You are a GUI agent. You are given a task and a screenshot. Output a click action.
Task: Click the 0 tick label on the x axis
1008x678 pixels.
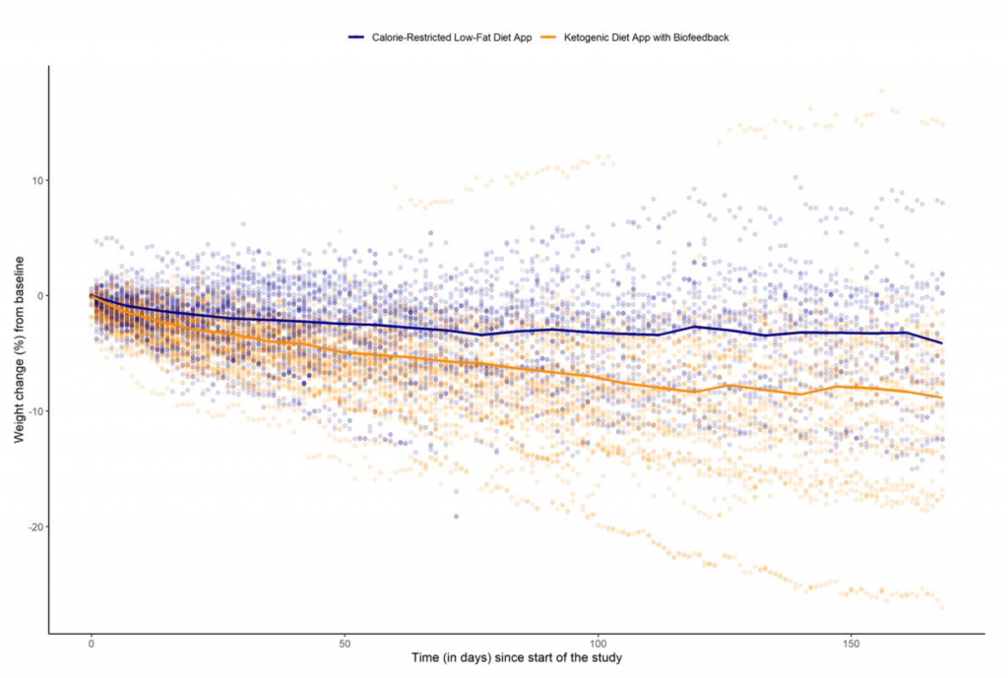[x=91, y=645]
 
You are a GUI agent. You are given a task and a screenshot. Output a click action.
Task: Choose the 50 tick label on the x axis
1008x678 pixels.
[x=345, y=645]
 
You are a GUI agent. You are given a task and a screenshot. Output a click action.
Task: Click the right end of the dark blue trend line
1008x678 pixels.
[x=942, y=342]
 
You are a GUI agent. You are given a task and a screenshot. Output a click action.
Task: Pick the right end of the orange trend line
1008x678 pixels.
[x=942, y=398]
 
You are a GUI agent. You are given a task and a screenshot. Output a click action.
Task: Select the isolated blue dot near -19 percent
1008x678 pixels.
[x=456, y=516]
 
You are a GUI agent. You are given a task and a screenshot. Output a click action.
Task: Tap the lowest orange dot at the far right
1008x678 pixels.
[x=942, y=607]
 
